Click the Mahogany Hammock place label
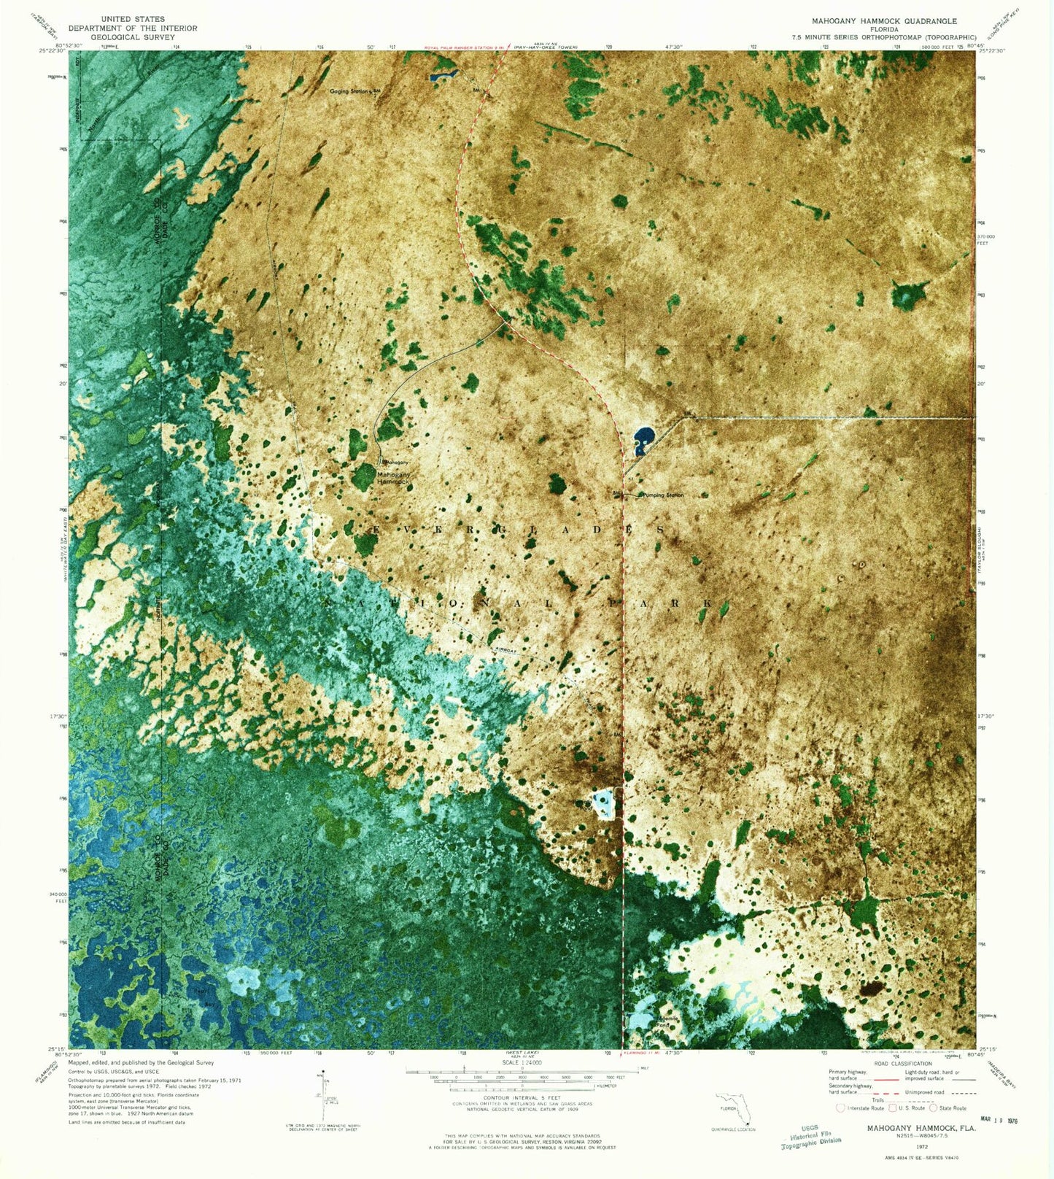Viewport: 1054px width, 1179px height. coord(394,478)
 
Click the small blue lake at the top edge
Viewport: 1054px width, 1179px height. coord(443,74)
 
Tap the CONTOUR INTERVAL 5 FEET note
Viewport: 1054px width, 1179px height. coord(522,1097)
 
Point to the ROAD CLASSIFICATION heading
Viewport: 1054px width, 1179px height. coord(902,1063)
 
